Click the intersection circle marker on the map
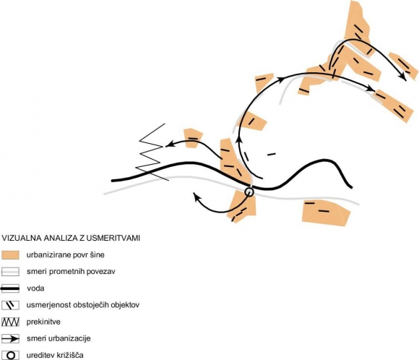click(x=249, y=192)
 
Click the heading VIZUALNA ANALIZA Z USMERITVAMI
click(x=71, y=238)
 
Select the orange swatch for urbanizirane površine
click(x=10, y=255)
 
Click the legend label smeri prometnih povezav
click(x=71, y=272)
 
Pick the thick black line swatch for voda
click(x=10, y=288)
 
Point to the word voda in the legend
click(x=35, y=288)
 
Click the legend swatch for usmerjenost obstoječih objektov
click(x=10, y=305)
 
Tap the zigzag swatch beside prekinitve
click(x=10, y=322)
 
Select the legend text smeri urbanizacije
click(x=59, y=338)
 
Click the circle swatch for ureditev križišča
click(x=10, y=356)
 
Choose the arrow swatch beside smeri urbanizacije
click(x=10, y=339)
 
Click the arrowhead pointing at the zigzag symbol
click(x=169, y=145)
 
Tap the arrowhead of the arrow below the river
click(x=197, y=196)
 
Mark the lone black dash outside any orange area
click(x=272, y=154)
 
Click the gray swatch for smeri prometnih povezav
click(x=10, y=272)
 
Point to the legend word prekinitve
click(x=43, y=322)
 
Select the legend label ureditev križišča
click(x=55, y=356)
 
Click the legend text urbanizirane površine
click(x=66, y=255)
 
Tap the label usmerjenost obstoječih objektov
click(x=83, y=305)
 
